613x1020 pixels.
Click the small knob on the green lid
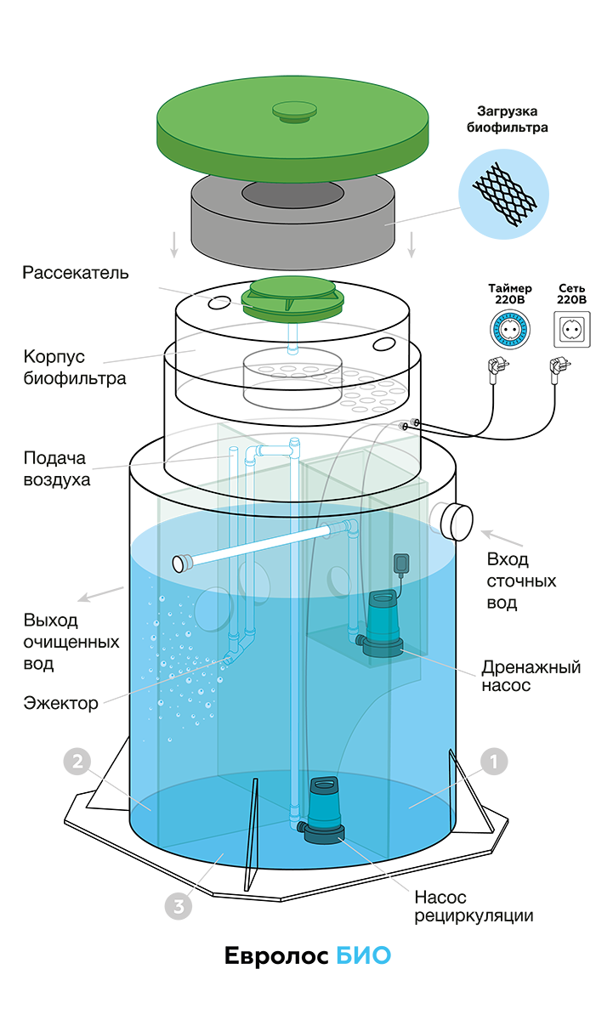293,110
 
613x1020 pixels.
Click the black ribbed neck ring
292,374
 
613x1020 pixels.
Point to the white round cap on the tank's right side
457,521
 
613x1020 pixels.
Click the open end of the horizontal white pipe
181,561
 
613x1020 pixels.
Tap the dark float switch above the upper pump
400,564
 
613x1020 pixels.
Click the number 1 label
493,762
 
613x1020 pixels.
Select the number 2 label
77,761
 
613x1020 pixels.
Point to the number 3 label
179,907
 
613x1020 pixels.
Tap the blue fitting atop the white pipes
294,443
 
